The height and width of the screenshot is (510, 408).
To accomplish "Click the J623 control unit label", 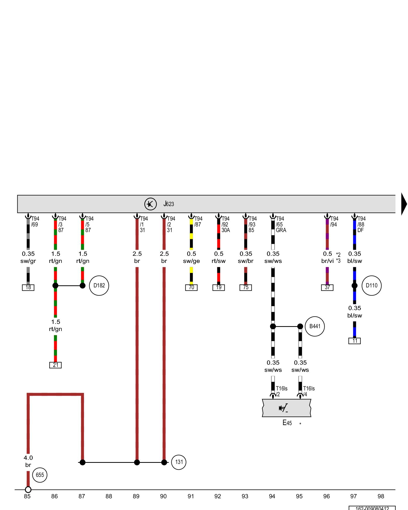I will click(x=169, y=204).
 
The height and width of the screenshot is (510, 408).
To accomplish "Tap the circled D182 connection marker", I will click(x=99, y=286).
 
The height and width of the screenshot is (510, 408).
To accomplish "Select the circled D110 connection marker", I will click(x=372, y=286).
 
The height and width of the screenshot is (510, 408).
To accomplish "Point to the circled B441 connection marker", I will click(x=315, y=326).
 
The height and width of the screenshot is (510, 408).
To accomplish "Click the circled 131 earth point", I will click(x=179, y=462).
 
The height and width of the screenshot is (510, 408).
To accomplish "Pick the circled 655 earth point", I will click(x=40, y=475).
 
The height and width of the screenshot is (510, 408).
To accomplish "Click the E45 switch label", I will click(x=287, y=423).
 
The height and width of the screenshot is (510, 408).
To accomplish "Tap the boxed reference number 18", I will click(x=28, y=288).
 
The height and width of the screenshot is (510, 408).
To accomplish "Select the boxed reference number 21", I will click(x=55, y=365).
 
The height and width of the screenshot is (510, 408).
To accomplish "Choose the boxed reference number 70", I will click(x=191, y=288).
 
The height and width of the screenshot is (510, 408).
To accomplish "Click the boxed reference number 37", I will click(x=327, y=288).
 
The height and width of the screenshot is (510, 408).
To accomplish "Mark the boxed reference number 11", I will click(x=354, y=341).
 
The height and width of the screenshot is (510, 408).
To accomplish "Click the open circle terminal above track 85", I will click(x=28, y=490).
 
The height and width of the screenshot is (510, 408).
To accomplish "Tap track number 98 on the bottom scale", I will click(x=381, y=496).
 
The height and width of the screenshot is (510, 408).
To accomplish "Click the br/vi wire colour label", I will click(x=327, y=261).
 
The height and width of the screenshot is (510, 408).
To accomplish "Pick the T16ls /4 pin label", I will click(x=309, y=391).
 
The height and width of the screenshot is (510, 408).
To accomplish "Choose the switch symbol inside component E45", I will click(x=283, y=409).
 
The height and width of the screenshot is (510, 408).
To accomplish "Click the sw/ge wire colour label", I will click(x=191, y=261).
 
